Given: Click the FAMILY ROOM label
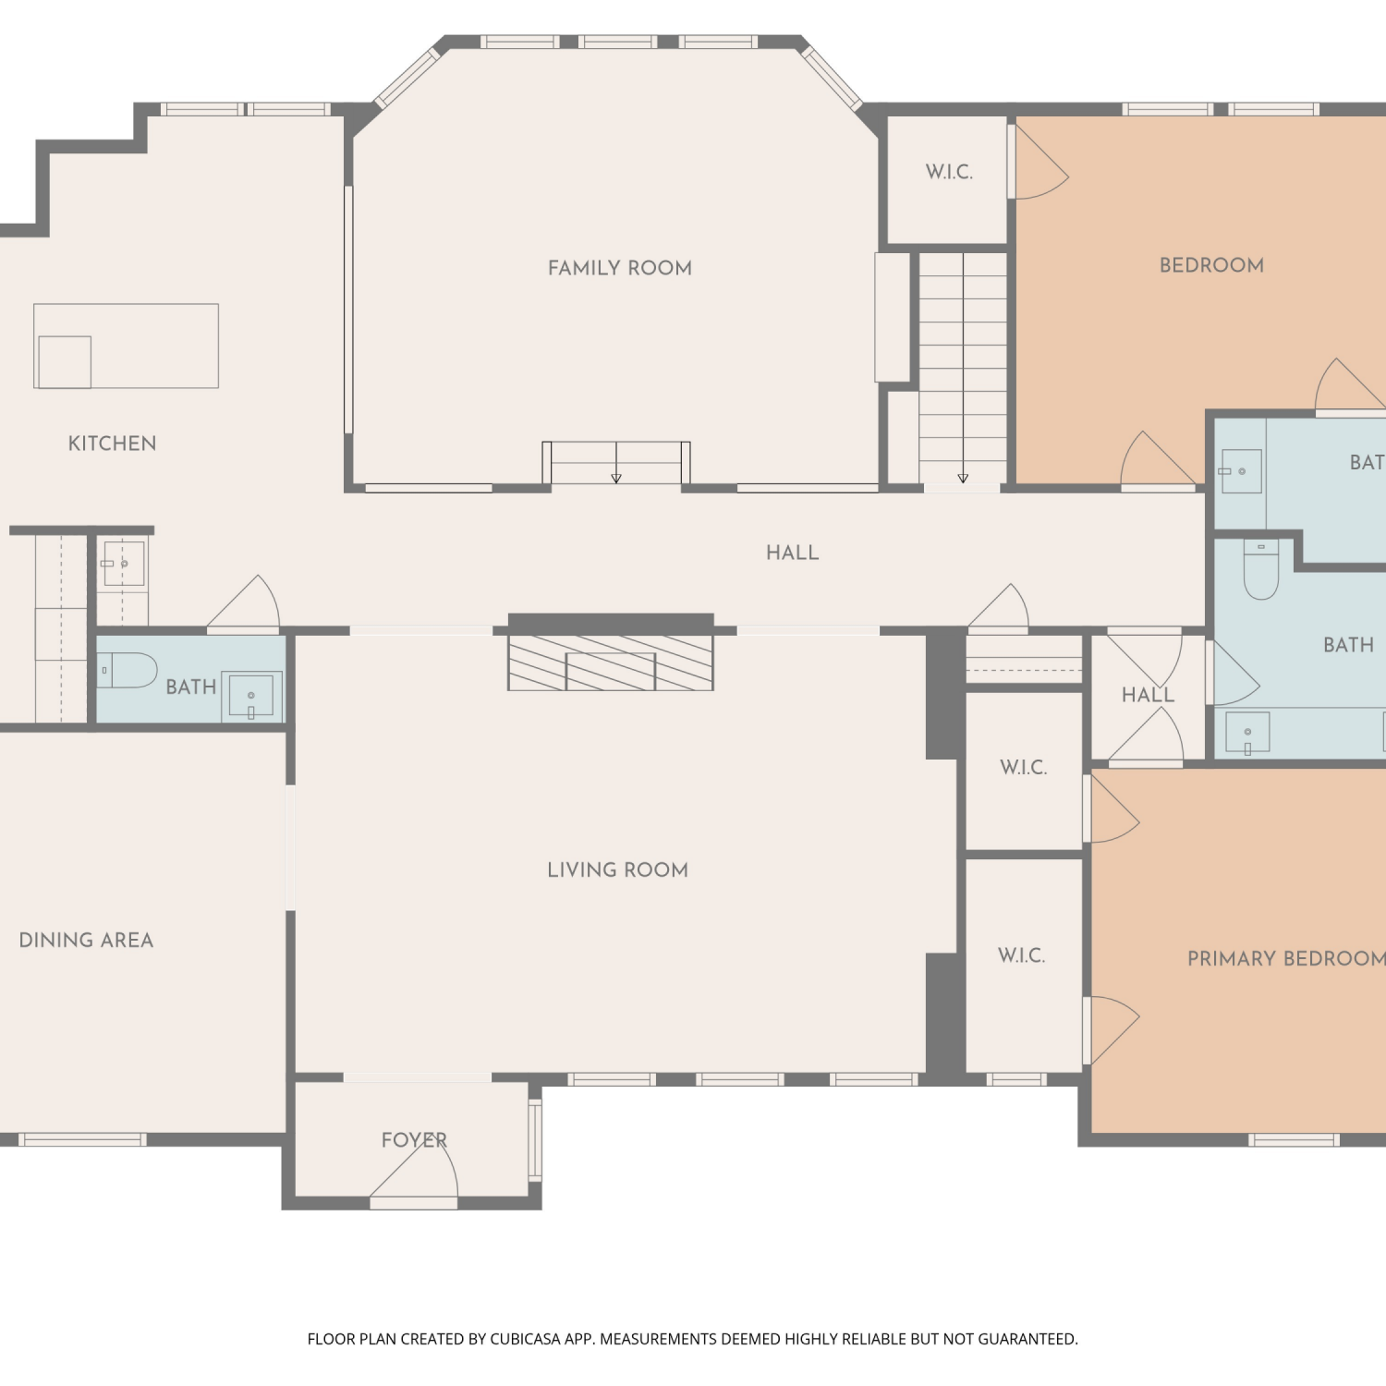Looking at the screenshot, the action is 620,268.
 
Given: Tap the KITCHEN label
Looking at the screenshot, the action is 113,444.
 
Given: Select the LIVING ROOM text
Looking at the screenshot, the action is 617,869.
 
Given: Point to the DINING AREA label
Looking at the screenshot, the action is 86,940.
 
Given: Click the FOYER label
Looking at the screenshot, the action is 414,1140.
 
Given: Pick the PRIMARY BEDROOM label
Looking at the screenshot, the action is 1286,958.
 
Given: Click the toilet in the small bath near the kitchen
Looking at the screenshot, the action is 128,670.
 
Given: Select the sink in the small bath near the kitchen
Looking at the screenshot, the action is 251,696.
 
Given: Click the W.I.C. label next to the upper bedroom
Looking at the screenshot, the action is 949,172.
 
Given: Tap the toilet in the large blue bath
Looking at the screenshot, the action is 1260,568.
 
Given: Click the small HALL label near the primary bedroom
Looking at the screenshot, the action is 1148,695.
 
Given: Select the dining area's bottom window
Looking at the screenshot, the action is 82,1139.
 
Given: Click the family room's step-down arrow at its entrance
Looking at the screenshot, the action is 616,463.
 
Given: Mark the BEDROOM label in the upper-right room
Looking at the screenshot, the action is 1211,265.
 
